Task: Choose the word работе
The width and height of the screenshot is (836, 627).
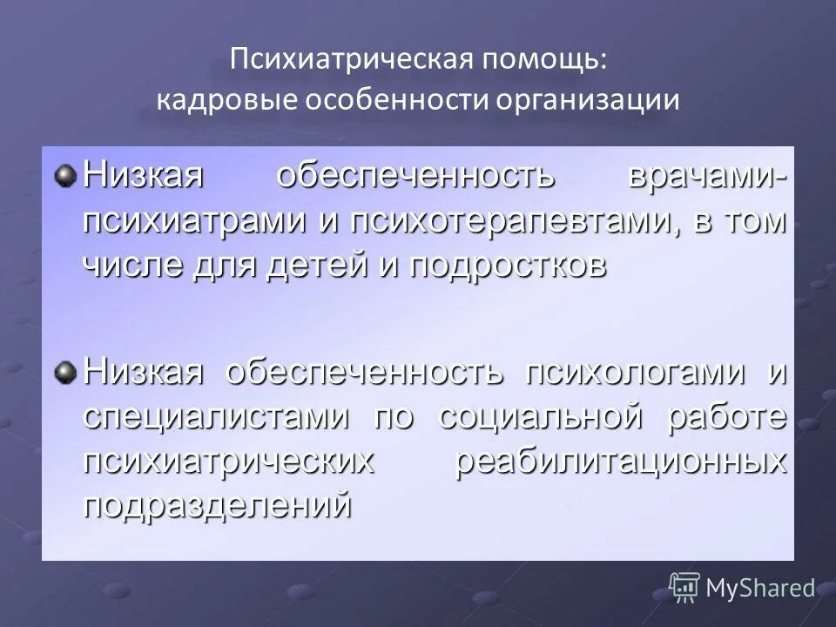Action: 728,415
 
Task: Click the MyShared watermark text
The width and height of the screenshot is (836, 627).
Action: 759,588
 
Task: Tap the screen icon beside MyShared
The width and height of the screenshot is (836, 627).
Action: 684,587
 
